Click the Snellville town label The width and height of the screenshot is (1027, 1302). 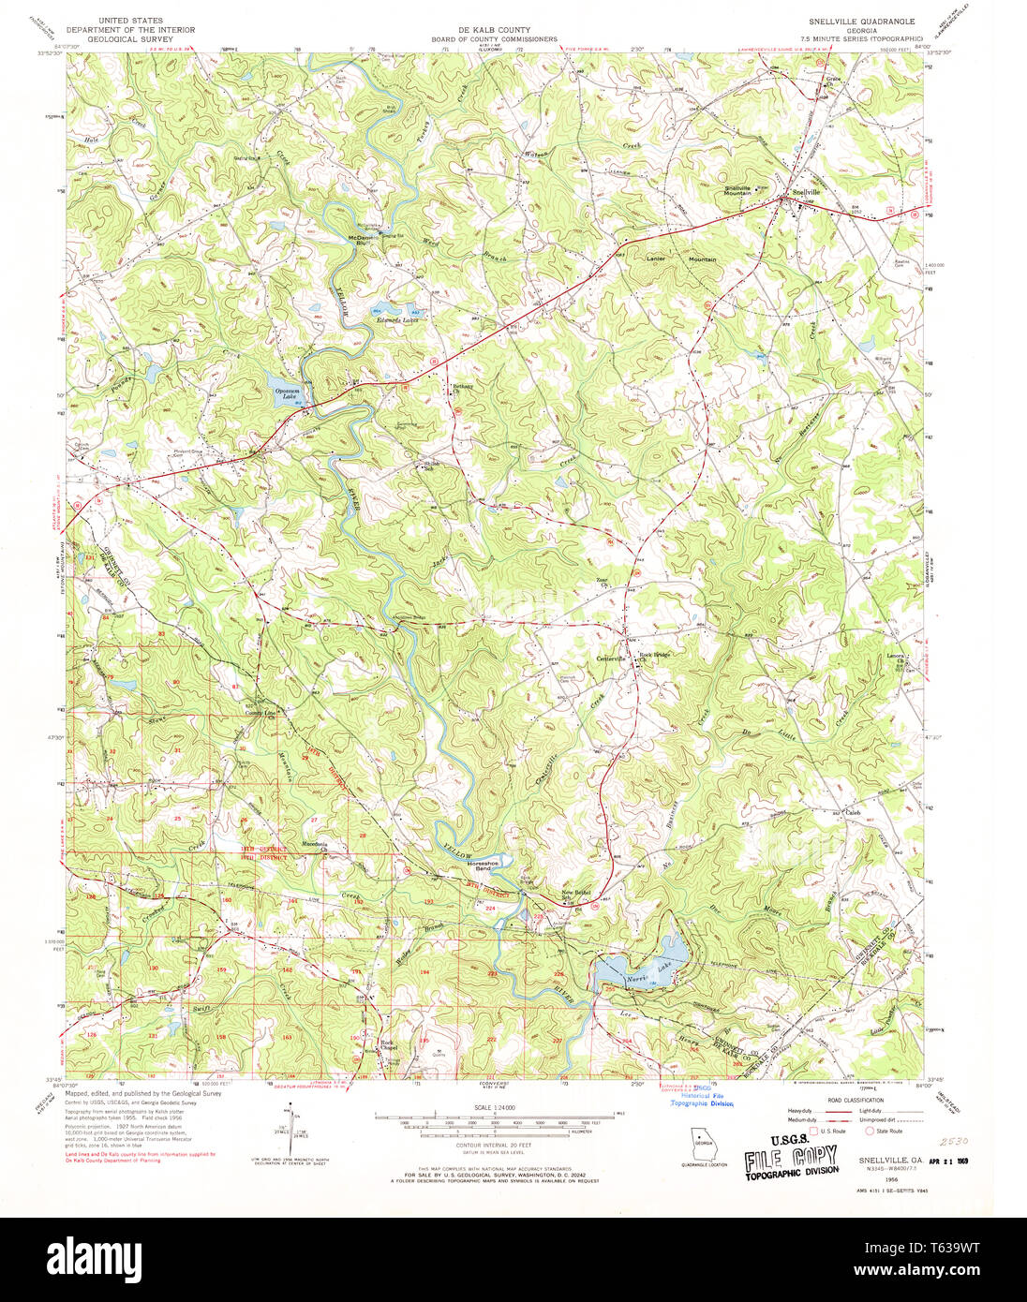[805, 192]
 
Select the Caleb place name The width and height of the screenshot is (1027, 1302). [853, 813]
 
